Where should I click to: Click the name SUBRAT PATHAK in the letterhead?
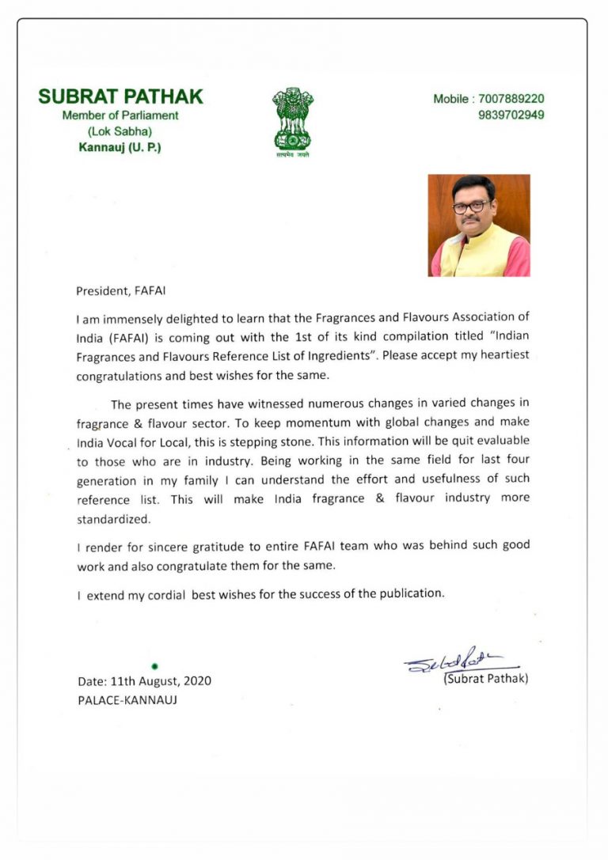coord(120,97)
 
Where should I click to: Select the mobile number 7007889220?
coord(511,99)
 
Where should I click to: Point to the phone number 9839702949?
coord(511,115)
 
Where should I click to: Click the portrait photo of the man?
coord(479,225)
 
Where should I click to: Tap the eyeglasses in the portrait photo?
coord(470,207)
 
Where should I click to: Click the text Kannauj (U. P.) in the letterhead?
coord(120,147)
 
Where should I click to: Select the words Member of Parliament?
coord(120,116)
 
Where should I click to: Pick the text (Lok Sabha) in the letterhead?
coord(120,131)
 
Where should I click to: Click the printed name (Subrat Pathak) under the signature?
coord(485,679)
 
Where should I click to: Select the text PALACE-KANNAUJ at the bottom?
coord(127,700)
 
